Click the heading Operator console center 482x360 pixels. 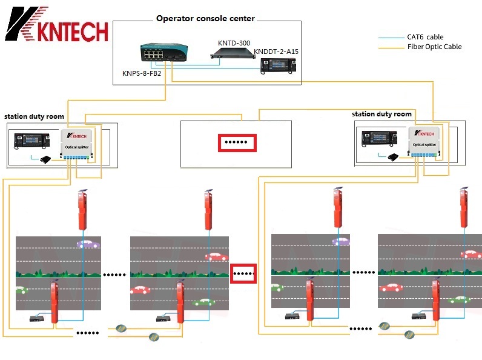pos(205,19)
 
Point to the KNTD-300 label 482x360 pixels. pos(234,42)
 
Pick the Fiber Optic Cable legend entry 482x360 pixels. pos(434,47)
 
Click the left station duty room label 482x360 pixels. pos(34,116)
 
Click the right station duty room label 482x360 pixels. pos(381,114)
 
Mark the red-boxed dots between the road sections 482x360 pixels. pos(243,273)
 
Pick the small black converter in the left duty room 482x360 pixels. pos(45,159)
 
